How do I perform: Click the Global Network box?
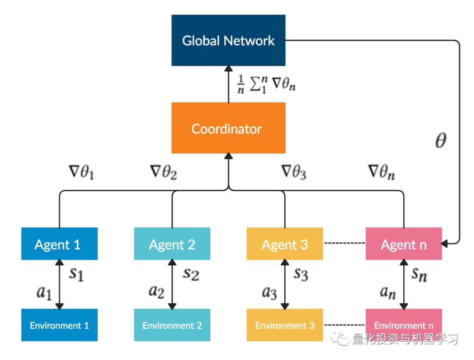pyautogui.click(x=228, y=40)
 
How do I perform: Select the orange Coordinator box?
pyautogui.click(x=228, y=128)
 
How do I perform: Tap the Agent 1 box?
pyautogui.click(x=59, y=244)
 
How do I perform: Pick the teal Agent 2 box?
pyautogui.click(x=172, y=244)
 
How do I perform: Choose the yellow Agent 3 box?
pyautogui.click(x=285, y=244)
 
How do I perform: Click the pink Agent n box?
pyautogui.click(x=404, y=244)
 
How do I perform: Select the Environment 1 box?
pyautogui.click(x=59, y=325)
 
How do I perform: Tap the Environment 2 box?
pyautogui.click(x=172, y=325)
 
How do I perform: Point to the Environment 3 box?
pyautogui.click(x=285, y=325)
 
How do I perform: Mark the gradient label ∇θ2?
pyautogui.click(x=163, y=173)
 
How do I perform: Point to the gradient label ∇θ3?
pyautogui.click(x=293, y=173)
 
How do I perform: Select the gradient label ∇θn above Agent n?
pyautogui.click(x=381, y=173)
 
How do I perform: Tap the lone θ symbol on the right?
pyautogui.click(x=440, y=141)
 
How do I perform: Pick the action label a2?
pyautogui.click(x=157, y=292)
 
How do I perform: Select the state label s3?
pyautogui.click(x=302, y=274)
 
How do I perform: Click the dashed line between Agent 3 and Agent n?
pyautogui.click(x=344, y=244)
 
